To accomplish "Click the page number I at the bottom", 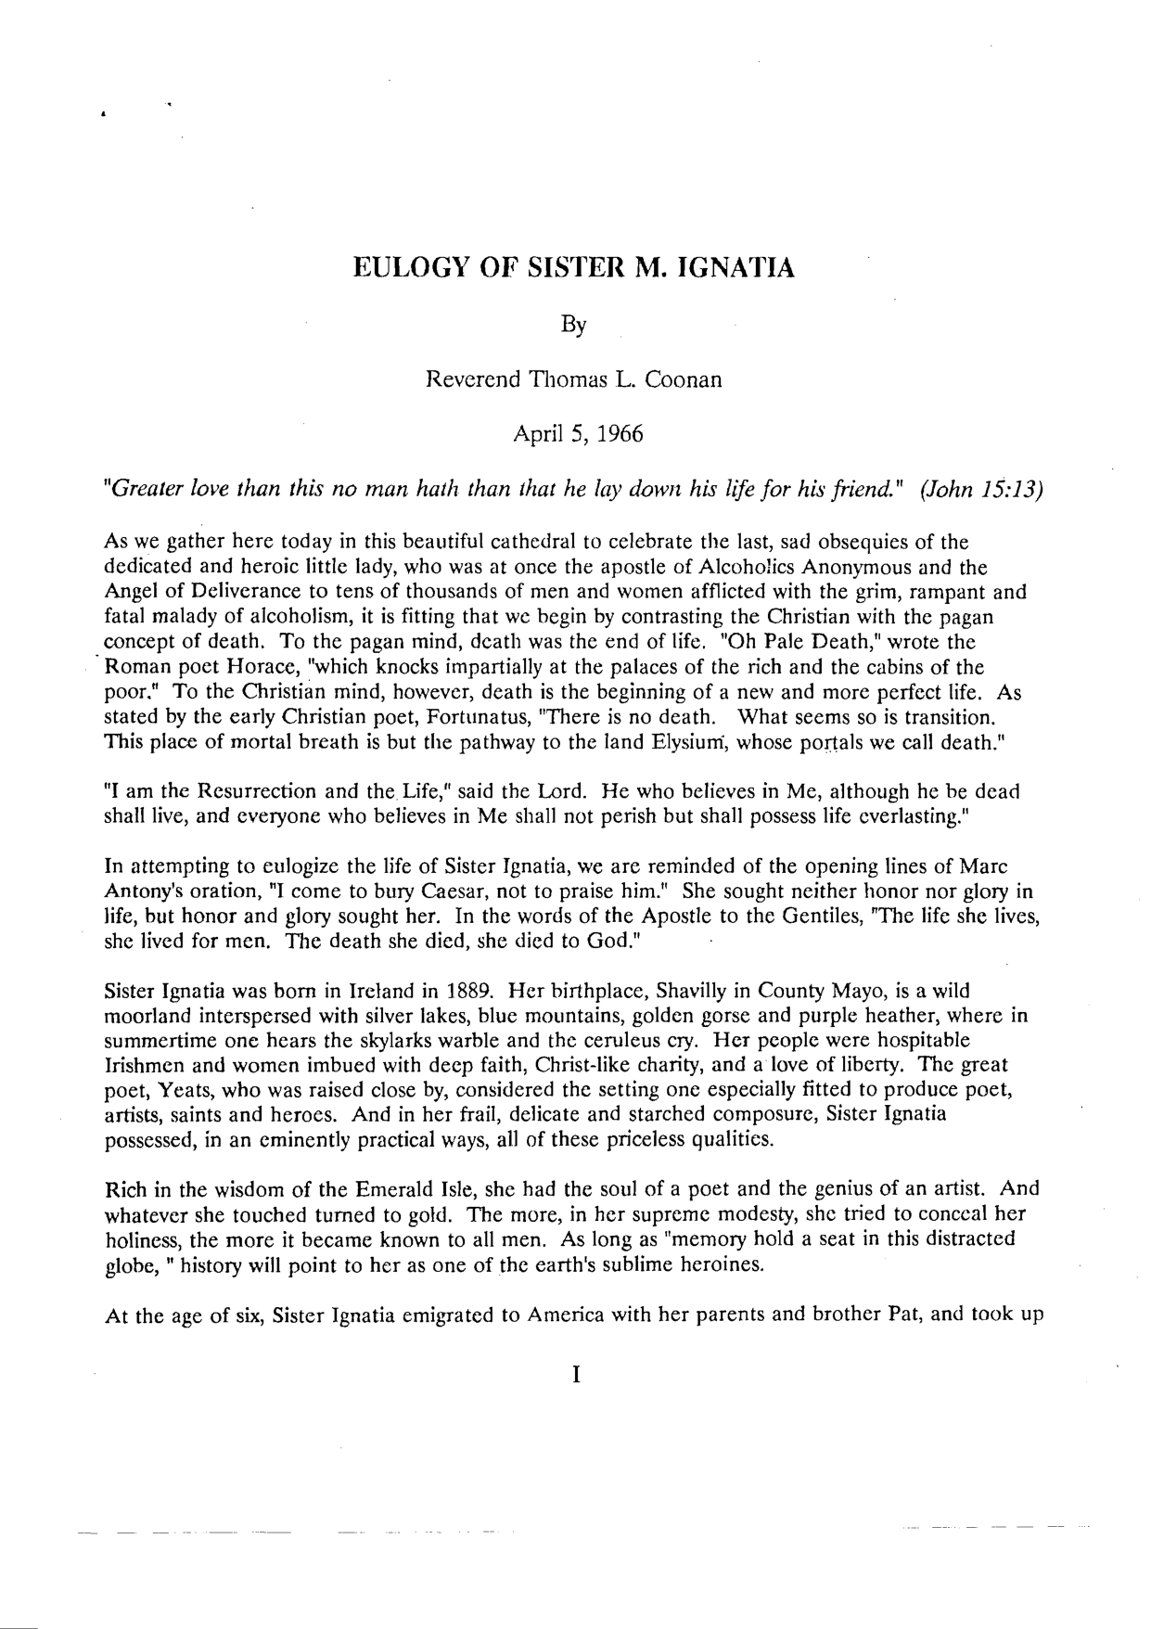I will tap(576, 1375).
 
